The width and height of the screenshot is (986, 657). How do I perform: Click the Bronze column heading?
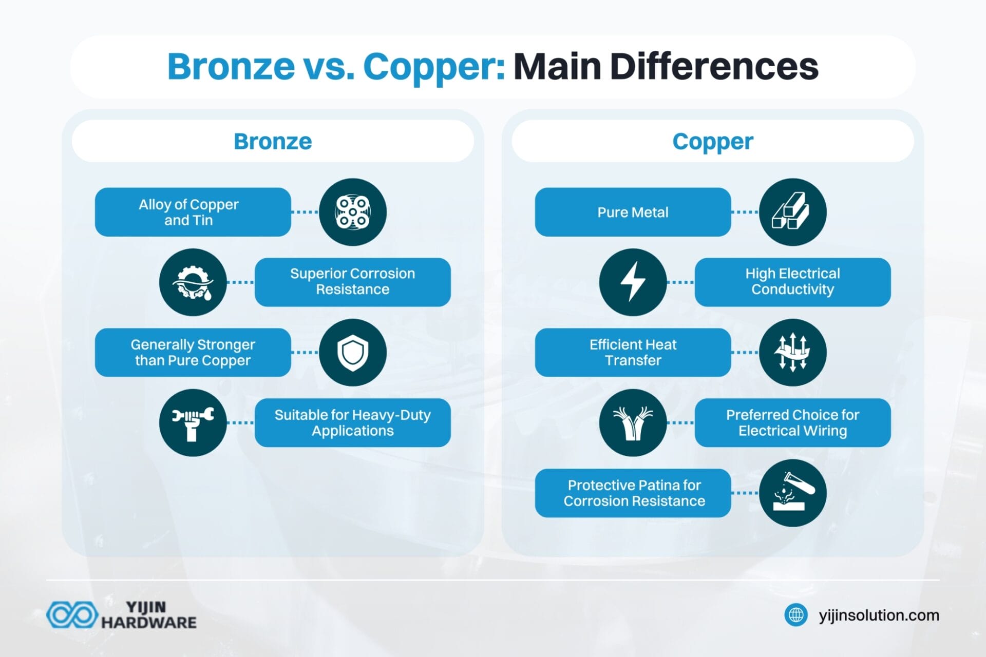pyautogui.click(x=273, y=142)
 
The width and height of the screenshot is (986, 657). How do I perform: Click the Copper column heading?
pyautogui.click(x=712, y=142)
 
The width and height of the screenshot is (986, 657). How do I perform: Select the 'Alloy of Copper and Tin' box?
pyautogui.click(x=193, y=212)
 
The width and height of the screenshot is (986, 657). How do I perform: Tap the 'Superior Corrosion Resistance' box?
pyautogui.click(x=352, y=282)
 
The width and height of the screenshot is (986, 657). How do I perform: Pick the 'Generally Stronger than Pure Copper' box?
pyautogui.click(x=193, y=352)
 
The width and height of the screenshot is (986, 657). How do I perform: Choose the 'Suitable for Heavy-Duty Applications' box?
pyautogui.click(x=352, y=422)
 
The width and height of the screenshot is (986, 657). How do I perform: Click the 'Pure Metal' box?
pyautogui.click(x=633, y=212)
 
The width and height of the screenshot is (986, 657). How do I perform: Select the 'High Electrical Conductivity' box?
pyautogui.click(x=792, y=282)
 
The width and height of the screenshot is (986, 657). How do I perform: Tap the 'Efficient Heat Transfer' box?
pyautogui.click(x=633, y=352)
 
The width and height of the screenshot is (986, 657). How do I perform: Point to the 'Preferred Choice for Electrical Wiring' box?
pyautogui.click(x=792, y=422)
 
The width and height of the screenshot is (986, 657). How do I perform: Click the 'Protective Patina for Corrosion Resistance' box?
pyautogui.click(x=633, y=493)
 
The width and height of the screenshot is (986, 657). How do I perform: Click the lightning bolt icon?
pyautogui.click(x=633, y=282)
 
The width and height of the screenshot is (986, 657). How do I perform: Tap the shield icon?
pyautogui.click(x=352, y=352)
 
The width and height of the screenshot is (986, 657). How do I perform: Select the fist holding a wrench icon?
pyautogui.click(x=193, y=422)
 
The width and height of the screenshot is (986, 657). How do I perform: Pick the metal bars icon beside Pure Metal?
pyautogui.click(x=792, y=212)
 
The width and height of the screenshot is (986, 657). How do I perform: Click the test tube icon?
pyautogui.click(x=792, y=493)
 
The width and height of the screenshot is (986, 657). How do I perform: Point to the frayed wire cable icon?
pyautogui.click(x=633, y=422)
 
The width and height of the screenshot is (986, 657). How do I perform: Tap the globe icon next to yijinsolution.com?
pyautogui.click(x=796, y=614)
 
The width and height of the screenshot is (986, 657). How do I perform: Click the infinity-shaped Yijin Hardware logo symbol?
pyautogui.click(x=72, y=615)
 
